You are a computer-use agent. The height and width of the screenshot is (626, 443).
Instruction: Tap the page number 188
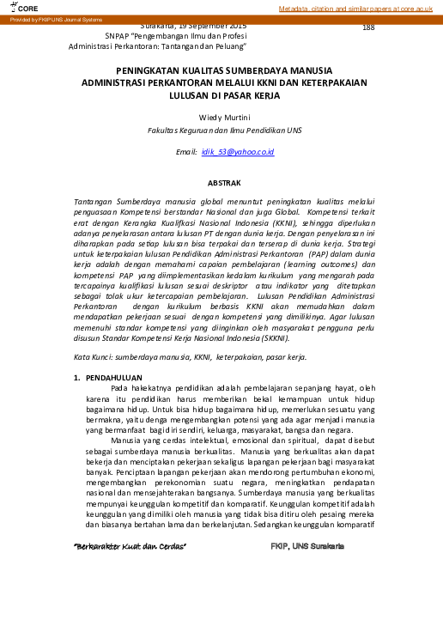point(368,28)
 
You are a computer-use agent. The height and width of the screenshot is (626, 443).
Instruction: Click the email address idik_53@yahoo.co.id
point(237,151)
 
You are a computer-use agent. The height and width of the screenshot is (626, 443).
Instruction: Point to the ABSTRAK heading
point(225,182)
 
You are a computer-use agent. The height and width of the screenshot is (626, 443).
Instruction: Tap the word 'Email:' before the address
point(186,151)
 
